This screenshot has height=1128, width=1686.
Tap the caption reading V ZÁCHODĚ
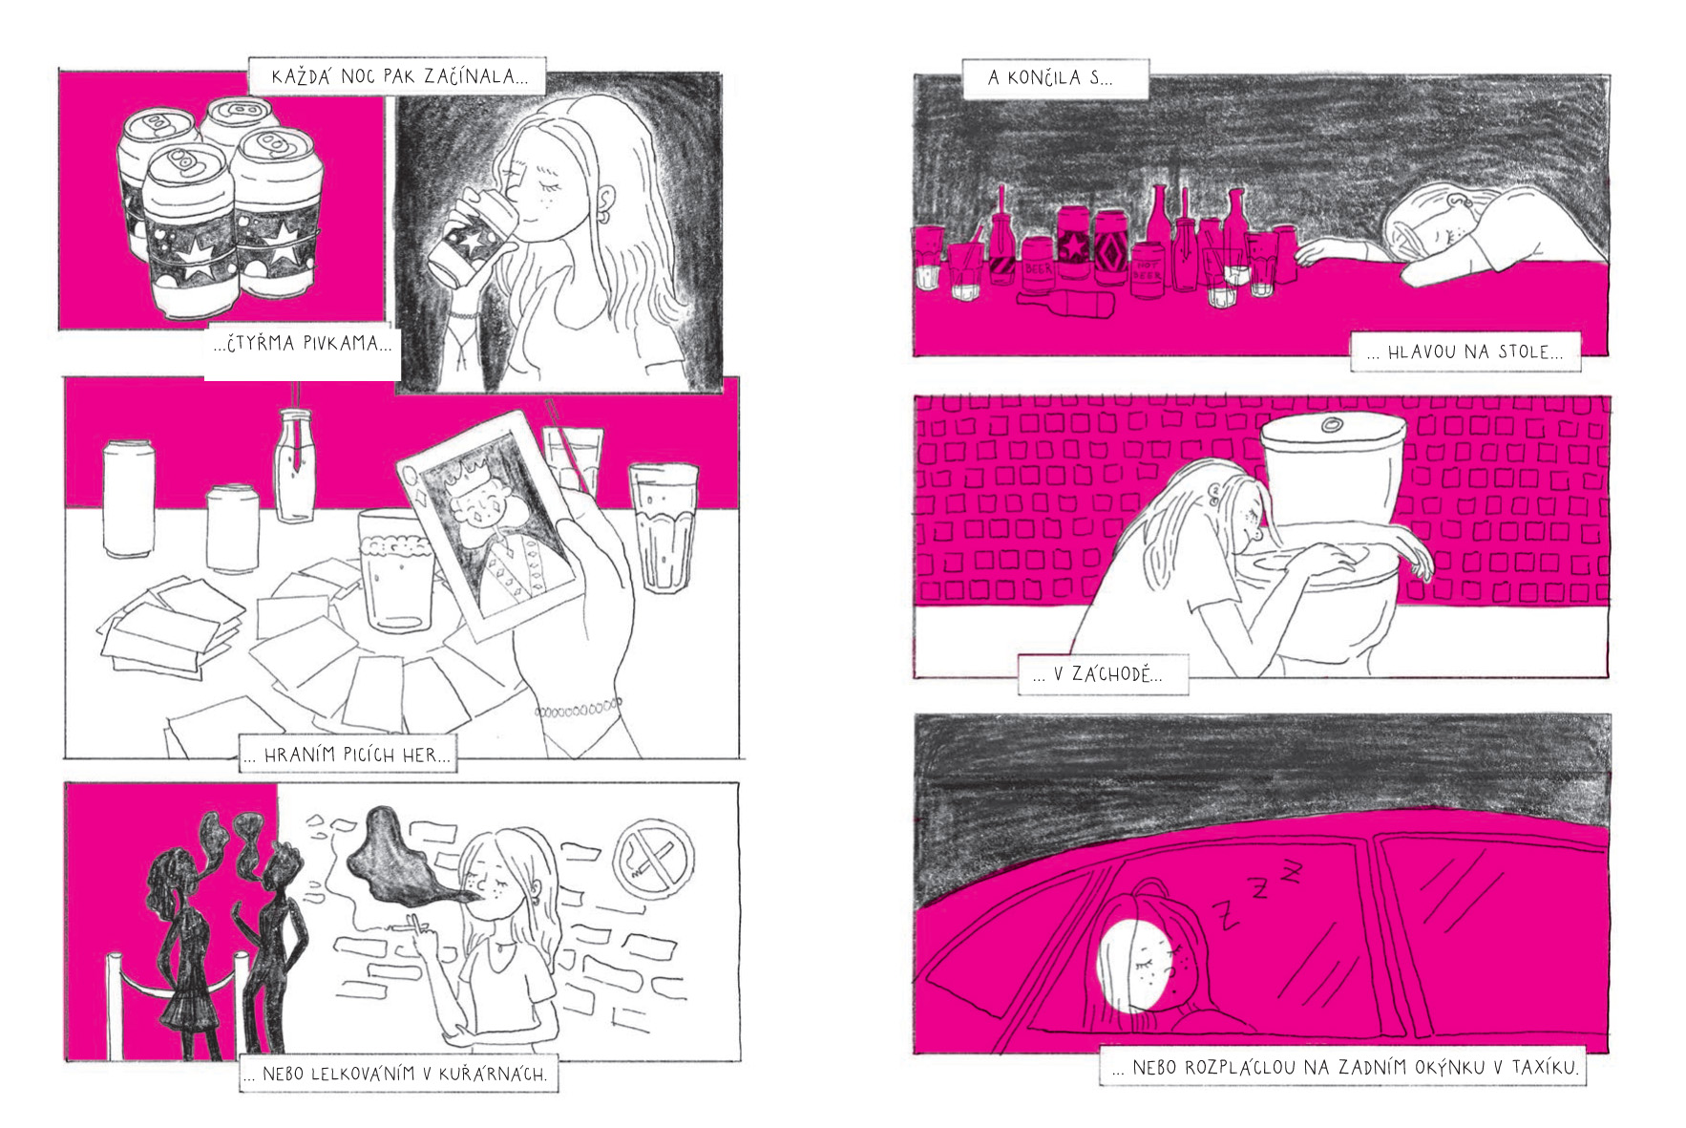(x=1103, y=674)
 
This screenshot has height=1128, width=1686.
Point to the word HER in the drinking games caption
(x=419, y=755)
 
